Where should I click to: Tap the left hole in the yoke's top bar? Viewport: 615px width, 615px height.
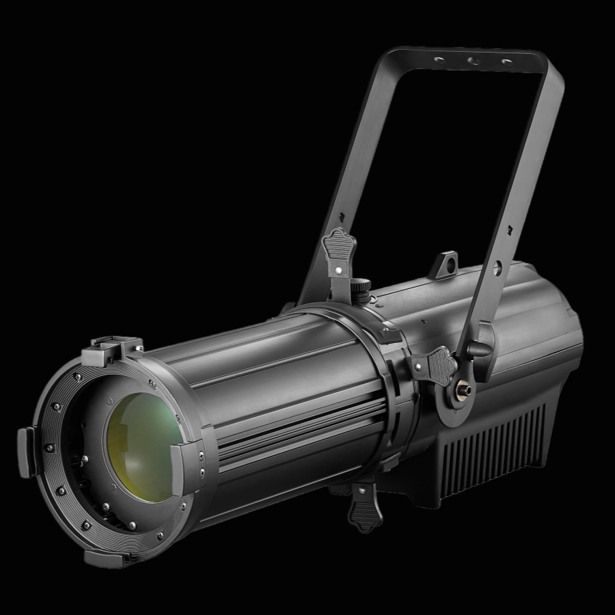pyautogui.click(x=437, y=59)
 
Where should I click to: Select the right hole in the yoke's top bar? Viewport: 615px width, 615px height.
pyautogui.click(x=506, y=62)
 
